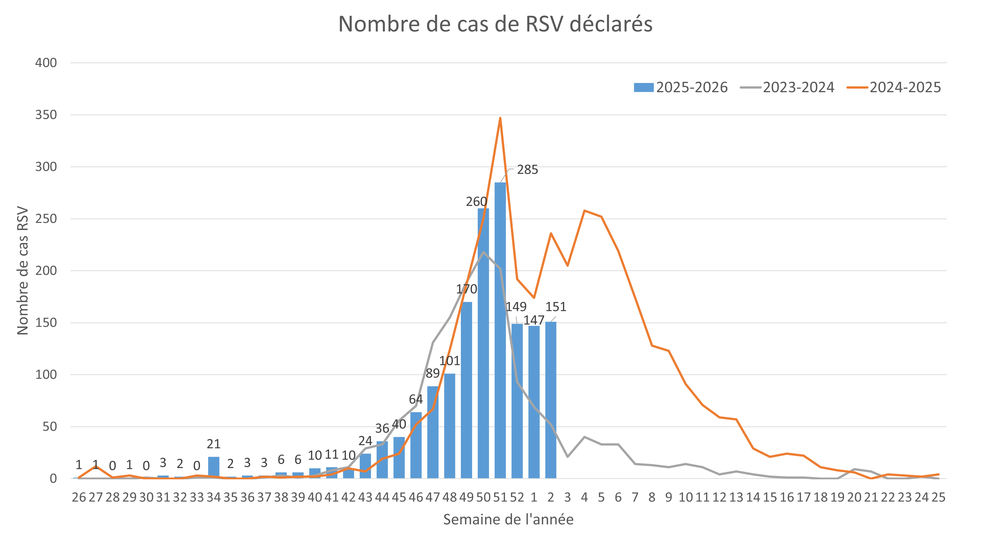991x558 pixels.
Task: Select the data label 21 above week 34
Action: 214,444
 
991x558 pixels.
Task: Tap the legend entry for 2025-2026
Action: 681,87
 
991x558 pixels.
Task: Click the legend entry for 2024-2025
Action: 894,87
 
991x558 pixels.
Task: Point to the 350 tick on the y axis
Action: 46,115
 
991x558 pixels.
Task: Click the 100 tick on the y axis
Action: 46,375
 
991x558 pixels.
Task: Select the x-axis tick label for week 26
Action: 79,498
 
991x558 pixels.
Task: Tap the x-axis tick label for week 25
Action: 938,498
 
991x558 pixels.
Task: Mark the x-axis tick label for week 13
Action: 736,498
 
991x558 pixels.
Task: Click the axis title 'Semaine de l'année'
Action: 508,519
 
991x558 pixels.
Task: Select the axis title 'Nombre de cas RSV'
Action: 23,271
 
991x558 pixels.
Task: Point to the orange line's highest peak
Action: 500,118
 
